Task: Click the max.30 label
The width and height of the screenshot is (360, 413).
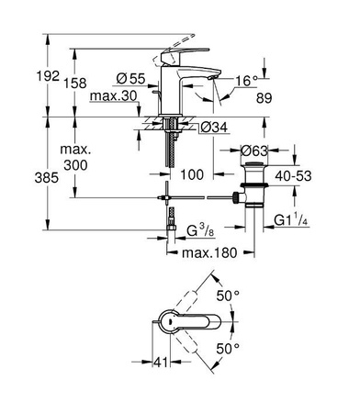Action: click(113, 96)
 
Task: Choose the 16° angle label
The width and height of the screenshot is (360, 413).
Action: click(243, 81)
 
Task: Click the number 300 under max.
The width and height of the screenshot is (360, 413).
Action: click(73, 163)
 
